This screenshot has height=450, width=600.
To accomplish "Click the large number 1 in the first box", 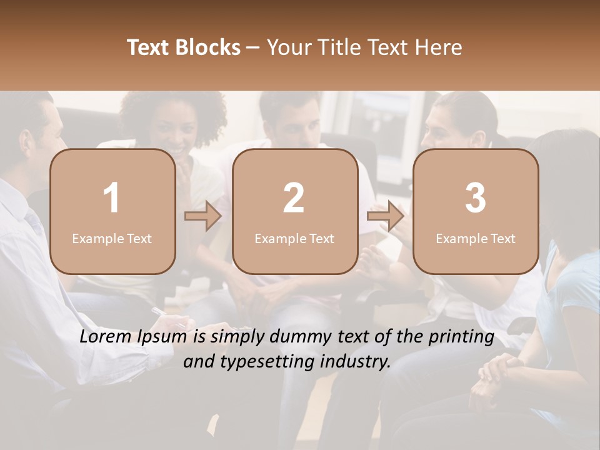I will coord(111,198).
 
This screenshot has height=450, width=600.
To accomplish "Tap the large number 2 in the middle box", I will coord(294,198).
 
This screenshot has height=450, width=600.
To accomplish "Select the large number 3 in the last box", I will coord(476,198).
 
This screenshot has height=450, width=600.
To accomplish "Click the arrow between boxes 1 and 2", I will coord(203,216).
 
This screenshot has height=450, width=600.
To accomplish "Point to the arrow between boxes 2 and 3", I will coord(386,216).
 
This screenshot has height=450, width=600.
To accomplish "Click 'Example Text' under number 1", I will coord(112,238).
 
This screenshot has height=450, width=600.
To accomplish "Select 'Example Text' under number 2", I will coord(294,238).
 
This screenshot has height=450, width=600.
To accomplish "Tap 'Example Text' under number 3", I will coord(476,238).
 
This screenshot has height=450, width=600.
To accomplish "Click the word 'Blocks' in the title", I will coord(209,47).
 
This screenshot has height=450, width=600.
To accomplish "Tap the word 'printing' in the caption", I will coord(461,338).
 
